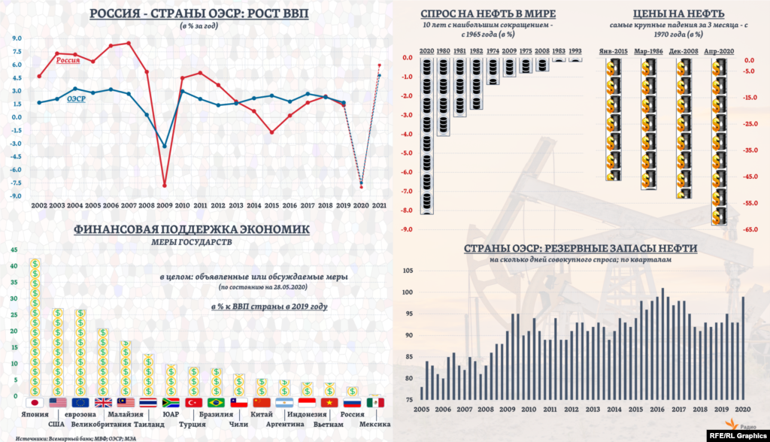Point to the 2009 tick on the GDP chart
click(x=164, y=204)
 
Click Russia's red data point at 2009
click(x=164, y=185)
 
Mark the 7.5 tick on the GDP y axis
click(x=17, y=51)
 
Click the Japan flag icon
click(x=32, y=403)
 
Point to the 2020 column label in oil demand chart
click(x=426, y=50)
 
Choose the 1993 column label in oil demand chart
click(x=574, y=50)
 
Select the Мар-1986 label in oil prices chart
click(x=647, y=50)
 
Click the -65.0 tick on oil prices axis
click(x=749, y=229)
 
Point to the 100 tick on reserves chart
click(x=409, y=292)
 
